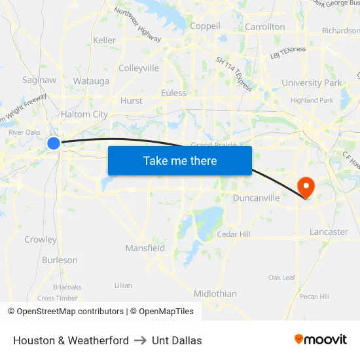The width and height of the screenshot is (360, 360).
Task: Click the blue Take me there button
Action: click(180, 160)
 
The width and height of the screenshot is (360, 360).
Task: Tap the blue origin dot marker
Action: click(54, 143)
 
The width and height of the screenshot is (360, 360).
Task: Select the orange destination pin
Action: click(306, 188)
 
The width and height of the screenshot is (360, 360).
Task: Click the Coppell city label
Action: click(205, 26)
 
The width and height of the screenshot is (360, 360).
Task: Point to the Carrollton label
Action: click(264, 27)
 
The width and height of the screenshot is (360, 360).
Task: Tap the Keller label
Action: click(105, 40)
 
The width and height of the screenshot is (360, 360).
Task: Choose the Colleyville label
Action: click(139, 68)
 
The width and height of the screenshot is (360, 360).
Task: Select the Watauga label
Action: click(91, 81)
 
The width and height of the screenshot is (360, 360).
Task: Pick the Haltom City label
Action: click(84, 115)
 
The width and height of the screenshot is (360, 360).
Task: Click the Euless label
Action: click(173, 93)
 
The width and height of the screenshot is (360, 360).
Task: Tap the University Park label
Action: click(312, 83)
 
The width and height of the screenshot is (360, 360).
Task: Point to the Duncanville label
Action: click(257, 198)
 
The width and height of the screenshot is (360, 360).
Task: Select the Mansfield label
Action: click(145, 248)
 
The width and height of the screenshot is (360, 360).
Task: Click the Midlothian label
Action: click(215, 294)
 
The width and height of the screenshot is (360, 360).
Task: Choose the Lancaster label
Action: click(329, 232)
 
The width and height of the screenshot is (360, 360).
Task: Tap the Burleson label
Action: click(60, 260)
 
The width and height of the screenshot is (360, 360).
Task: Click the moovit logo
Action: click(321, 340)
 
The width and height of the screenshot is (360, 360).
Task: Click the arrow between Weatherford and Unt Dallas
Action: click(140, 340)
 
